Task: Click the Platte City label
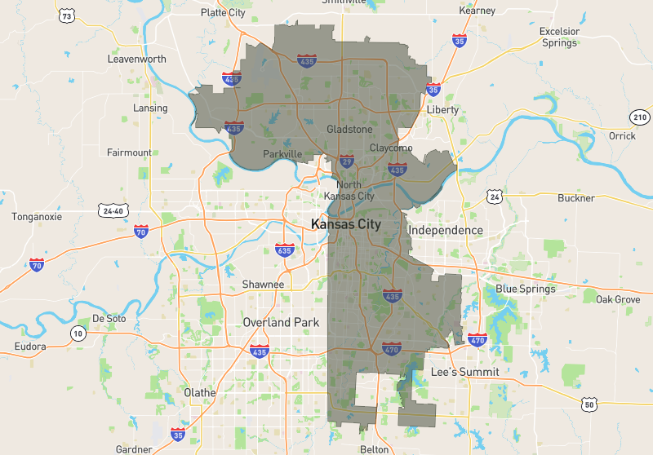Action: click(224, 12)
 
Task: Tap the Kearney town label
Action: click(478, 11)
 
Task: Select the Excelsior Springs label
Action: click(559, 38)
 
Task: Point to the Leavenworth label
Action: click(137, 60)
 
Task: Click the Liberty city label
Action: click(442, 109)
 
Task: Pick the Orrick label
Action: click(622, 136)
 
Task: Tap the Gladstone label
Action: click(349, 130)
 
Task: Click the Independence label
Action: click(446, 231)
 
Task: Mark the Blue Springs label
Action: click(526, 289)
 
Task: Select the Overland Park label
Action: click(281, 322)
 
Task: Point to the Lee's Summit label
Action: click(464, 373)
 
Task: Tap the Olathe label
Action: click(200, 392)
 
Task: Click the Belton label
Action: click(374, 449)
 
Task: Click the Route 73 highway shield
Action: click(67, 16)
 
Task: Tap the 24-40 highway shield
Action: click(112, 210)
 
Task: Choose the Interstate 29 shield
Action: click(347, 162)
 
